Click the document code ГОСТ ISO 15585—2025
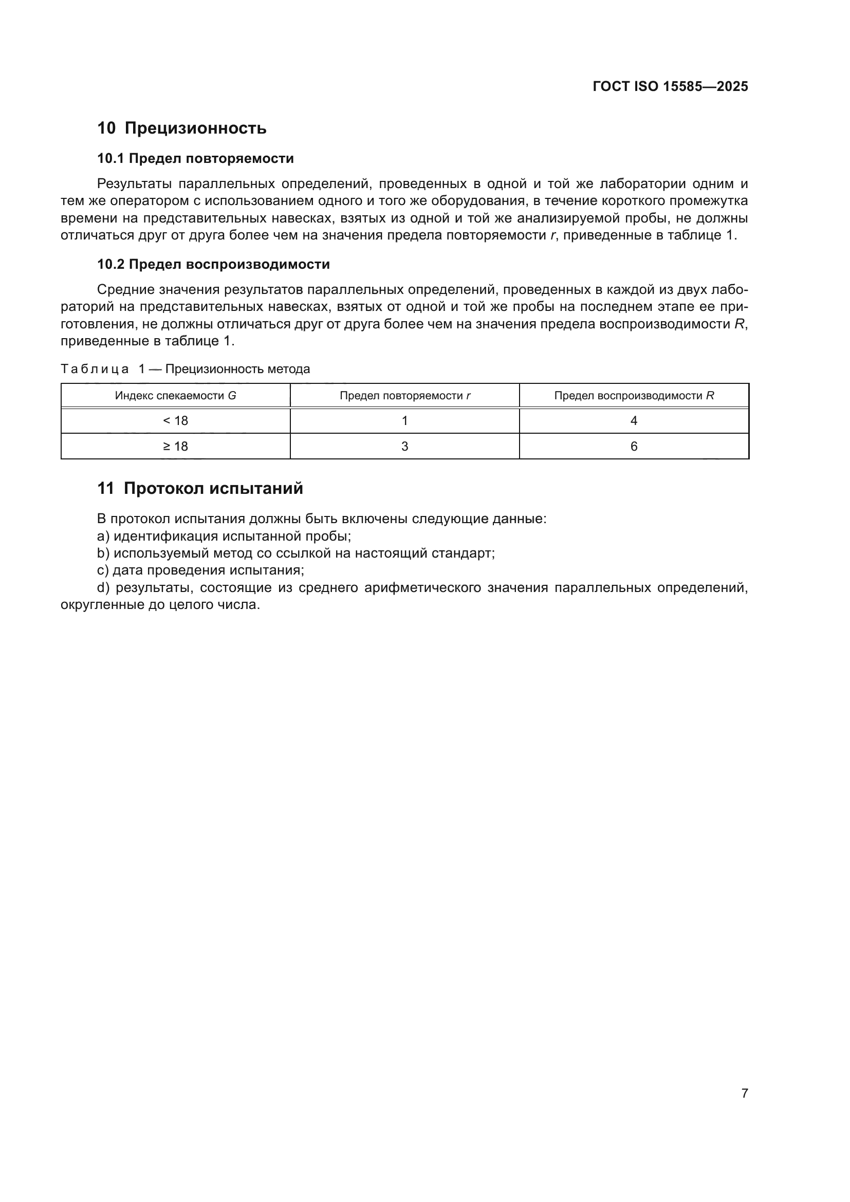(x=670, y=86)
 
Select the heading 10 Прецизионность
(x=181, y=128)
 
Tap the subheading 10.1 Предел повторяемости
(x=195, y=158)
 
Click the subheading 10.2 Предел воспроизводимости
(x=213, y=264)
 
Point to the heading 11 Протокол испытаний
(x=200, y=488)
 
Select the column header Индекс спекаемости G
(x=175, y=395)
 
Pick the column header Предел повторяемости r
(x=404, y=395)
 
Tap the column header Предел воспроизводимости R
(x=634, y=395)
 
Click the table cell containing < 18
(x=175, y=420)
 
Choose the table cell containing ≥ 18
(x=175, y=446)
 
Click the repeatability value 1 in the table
(x=404, y=420)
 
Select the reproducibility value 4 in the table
(x=634, y=420)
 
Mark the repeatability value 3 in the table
(x=404, y=446)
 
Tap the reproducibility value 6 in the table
(x=634, y=446)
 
